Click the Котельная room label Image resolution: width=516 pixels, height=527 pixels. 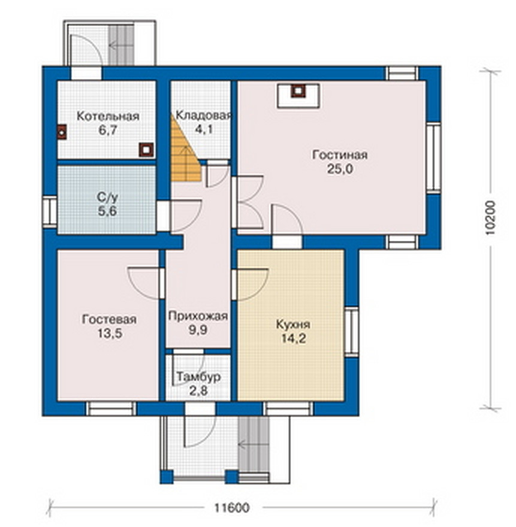[x=108, y=116]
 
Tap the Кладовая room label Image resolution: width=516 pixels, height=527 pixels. [x=204, y=116]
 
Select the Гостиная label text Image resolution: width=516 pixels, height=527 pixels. [x=340, y=155]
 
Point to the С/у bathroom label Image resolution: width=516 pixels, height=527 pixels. [x=107, y=198]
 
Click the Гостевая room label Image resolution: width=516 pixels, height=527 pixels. [x=109, y=319]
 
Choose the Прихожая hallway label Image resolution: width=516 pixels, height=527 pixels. [x=198, y=316]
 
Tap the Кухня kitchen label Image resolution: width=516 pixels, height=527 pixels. [x=293, y=325]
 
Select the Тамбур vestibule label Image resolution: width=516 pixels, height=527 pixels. [x=198, y=377]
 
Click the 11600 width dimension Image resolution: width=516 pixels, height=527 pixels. [x=232, y=507]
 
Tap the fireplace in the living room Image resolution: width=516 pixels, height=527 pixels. [x=298, y=96]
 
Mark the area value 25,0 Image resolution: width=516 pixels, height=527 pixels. [x=340, y=169]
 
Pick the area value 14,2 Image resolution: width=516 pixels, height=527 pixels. [x=293, y=339]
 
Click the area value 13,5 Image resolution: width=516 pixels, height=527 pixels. [x=110, y=334]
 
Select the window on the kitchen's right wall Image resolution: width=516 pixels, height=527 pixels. [x=352, y=331]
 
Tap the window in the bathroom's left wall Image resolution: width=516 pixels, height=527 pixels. [x=50, y=211]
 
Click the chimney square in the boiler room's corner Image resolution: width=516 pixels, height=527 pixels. [x=147, y=150]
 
